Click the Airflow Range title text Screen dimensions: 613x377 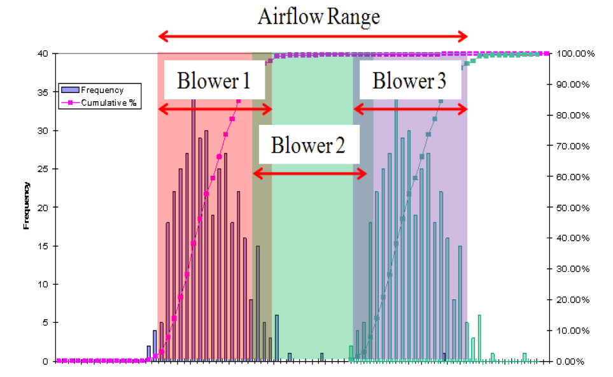(319, 17)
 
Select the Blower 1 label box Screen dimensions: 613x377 (215, 80)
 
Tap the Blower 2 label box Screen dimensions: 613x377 (309, 145)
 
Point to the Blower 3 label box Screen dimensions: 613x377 (410, 80)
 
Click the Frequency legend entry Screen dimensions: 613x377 (93, 90)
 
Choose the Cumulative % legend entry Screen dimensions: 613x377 (99, 103)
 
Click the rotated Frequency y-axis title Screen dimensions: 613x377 (26, 206)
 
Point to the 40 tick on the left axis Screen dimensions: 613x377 (43, 53)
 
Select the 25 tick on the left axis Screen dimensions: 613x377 (43, 169)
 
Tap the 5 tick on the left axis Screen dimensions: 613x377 (45, 323)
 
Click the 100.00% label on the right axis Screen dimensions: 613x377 (575, 53)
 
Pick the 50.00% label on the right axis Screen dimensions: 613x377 (573, 208)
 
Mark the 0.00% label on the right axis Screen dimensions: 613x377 (570, 362)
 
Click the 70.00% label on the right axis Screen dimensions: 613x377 (573, 146)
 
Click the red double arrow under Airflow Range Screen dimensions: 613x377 (313, 37)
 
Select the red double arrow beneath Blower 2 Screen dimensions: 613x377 (310, 173)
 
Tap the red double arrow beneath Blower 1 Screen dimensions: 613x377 (215, 109)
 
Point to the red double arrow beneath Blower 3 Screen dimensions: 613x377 (411, 109)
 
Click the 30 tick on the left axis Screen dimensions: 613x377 (43, 131)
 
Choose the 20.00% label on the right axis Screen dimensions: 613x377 (573, 300)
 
